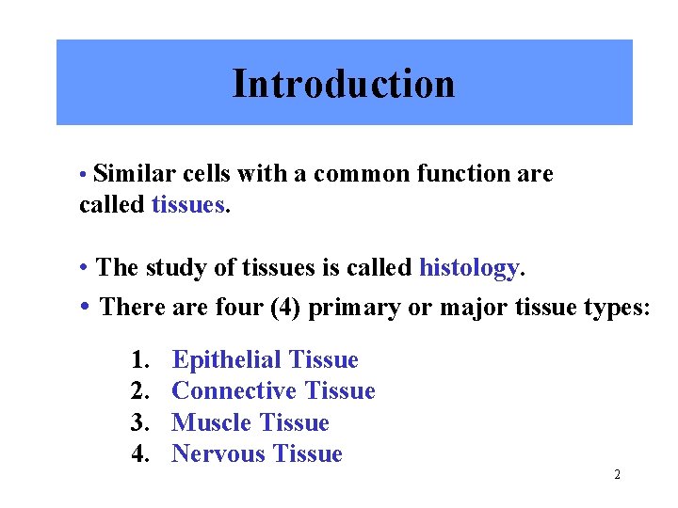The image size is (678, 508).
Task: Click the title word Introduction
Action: (x=344, y=84)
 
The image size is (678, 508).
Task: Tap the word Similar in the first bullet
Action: (x=129, y=174)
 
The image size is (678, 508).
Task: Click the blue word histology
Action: (x=469, y=268)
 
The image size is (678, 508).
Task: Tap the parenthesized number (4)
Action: (x=281, y=308)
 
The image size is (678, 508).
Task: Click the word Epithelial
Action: (x=227, y=359)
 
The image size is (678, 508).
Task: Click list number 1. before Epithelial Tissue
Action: (x=142, y=359)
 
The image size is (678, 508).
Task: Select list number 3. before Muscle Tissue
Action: (x=142, y=422)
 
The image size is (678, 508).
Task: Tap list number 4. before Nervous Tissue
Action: (x=142, y=454)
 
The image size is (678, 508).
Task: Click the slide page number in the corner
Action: (x=617, y=475)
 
